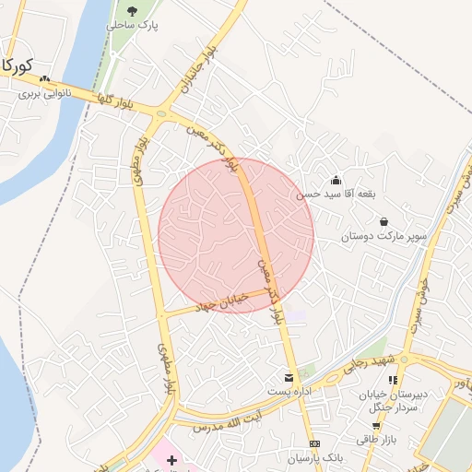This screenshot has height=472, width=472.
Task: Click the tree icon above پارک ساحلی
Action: point(133,11)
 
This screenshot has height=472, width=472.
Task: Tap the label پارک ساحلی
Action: point(133,26)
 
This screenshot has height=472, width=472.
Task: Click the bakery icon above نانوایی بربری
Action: point(43,79)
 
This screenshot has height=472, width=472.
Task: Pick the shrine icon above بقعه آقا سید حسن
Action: point(336,180)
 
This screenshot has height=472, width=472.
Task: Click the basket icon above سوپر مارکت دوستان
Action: point(383,222)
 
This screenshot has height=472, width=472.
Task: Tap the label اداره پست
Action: point(289,392)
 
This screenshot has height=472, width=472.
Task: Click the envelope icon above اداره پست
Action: point(289,378)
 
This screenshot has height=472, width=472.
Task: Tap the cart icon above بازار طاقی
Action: point(375,425)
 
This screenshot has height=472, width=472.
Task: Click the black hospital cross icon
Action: point(171,459)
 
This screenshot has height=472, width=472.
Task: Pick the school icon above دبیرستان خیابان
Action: point(394,380)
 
